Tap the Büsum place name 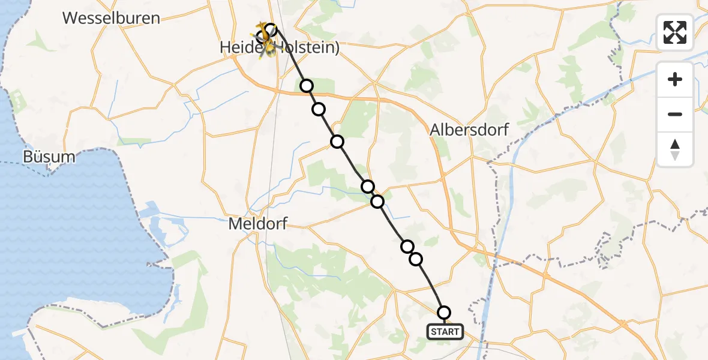pyautogui.click(x=49, y=157)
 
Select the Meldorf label pyautogui.click(x=258, y=224)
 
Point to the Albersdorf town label pyautogui.click(x=469, y=130)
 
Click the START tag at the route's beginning pyautogui.click(x=445, y=331)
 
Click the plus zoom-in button pyautogui.click(x=675, y=79)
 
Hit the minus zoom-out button pyautogui.click(x=675, y=114)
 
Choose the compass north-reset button pyautogui.click(x=675, y=149)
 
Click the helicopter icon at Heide pyautogui.click(x=264, y=39)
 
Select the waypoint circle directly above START pyautogui.click(x=444, y=313)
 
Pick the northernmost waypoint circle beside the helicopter pyautogui.click(x=271, y=29)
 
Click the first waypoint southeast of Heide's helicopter pyautogui.click(x=307, y=86)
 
